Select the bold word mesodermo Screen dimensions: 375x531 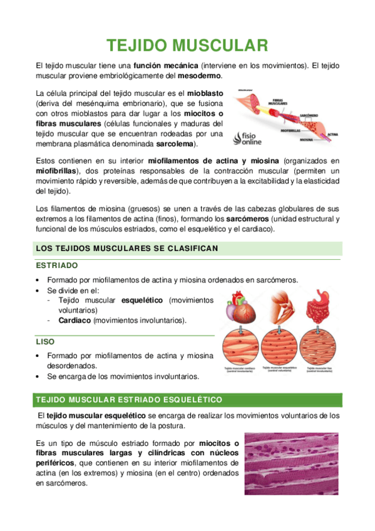(x=201, y=76)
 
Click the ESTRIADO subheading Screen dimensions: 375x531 (x=57, y=265)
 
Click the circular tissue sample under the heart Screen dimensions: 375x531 (x=237, y=346)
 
